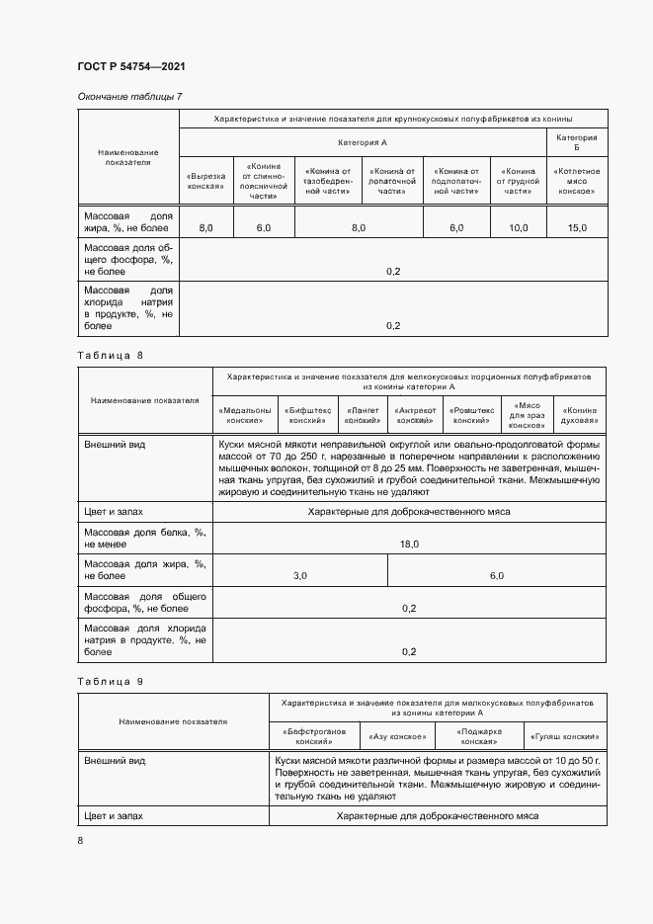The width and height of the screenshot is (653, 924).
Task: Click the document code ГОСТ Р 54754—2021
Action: (130, 66)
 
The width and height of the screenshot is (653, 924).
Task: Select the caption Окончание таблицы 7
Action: (129, 96)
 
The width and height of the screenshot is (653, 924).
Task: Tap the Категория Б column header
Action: (577, 142)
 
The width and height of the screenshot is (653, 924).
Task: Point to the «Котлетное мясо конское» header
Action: (577, 181)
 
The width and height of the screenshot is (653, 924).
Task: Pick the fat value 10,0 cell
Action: (518, 228)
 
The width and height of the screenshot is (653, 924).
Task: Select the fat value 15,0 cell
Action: (577, 228)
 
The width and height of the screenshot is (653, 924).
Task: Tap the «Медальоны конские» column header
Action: (243, 414)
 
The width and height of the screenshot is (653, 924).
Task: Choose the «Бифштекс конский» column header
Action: (307, 414)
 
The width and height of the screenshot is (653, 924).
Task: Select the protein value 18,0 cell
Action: (409, 545)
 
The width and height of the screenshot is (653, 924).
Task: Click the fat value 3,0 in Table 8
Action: (300, 575)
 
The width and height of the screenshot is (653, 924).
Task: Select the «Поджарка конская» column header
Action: (480, 736)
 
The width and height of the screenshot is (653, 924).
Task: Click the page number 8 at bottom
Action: (81, 839)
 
